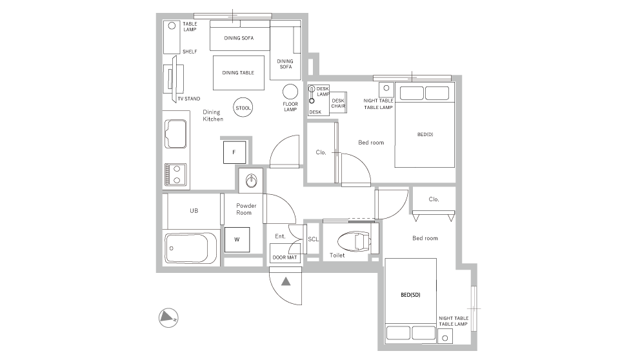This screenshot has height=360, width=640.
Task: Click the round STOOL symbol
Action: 243,108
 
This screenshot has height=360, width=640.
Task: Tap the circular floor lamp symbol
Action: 290,92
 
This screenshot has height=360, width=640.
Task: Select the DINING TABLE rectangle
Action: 238,73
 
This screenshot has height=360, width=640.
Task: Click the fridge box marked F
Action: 234,152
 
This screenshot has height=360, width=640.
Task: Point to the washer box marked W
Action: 237,239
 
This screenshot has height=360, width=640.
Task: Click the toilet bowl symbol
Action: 354,241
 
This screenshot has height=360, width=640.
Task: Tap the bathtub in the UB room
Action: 190,248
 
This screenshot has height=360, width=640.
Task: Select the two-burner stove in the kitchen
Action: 175,175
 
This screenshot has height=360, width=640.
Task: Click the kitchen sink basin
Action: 175,134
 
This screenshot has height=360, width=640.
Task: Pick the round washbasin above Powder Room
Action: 252,180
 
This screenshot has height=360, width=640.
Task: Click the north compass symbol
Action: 168,317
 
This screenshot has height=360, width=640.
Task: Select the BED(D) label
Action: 425,134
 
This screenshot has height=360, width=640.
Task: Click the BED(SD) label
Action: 410,295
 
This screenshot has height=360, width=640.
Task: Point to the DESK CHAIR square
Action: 338,102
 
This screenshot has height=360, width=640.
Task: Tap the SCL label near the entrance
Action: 314,239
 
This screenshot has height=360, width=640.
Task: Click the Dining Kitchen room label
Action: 213,115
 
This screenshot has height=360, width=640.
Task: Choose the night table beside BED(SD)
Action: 445,337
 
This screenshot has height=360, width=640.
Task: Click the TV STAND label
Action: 188,99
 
